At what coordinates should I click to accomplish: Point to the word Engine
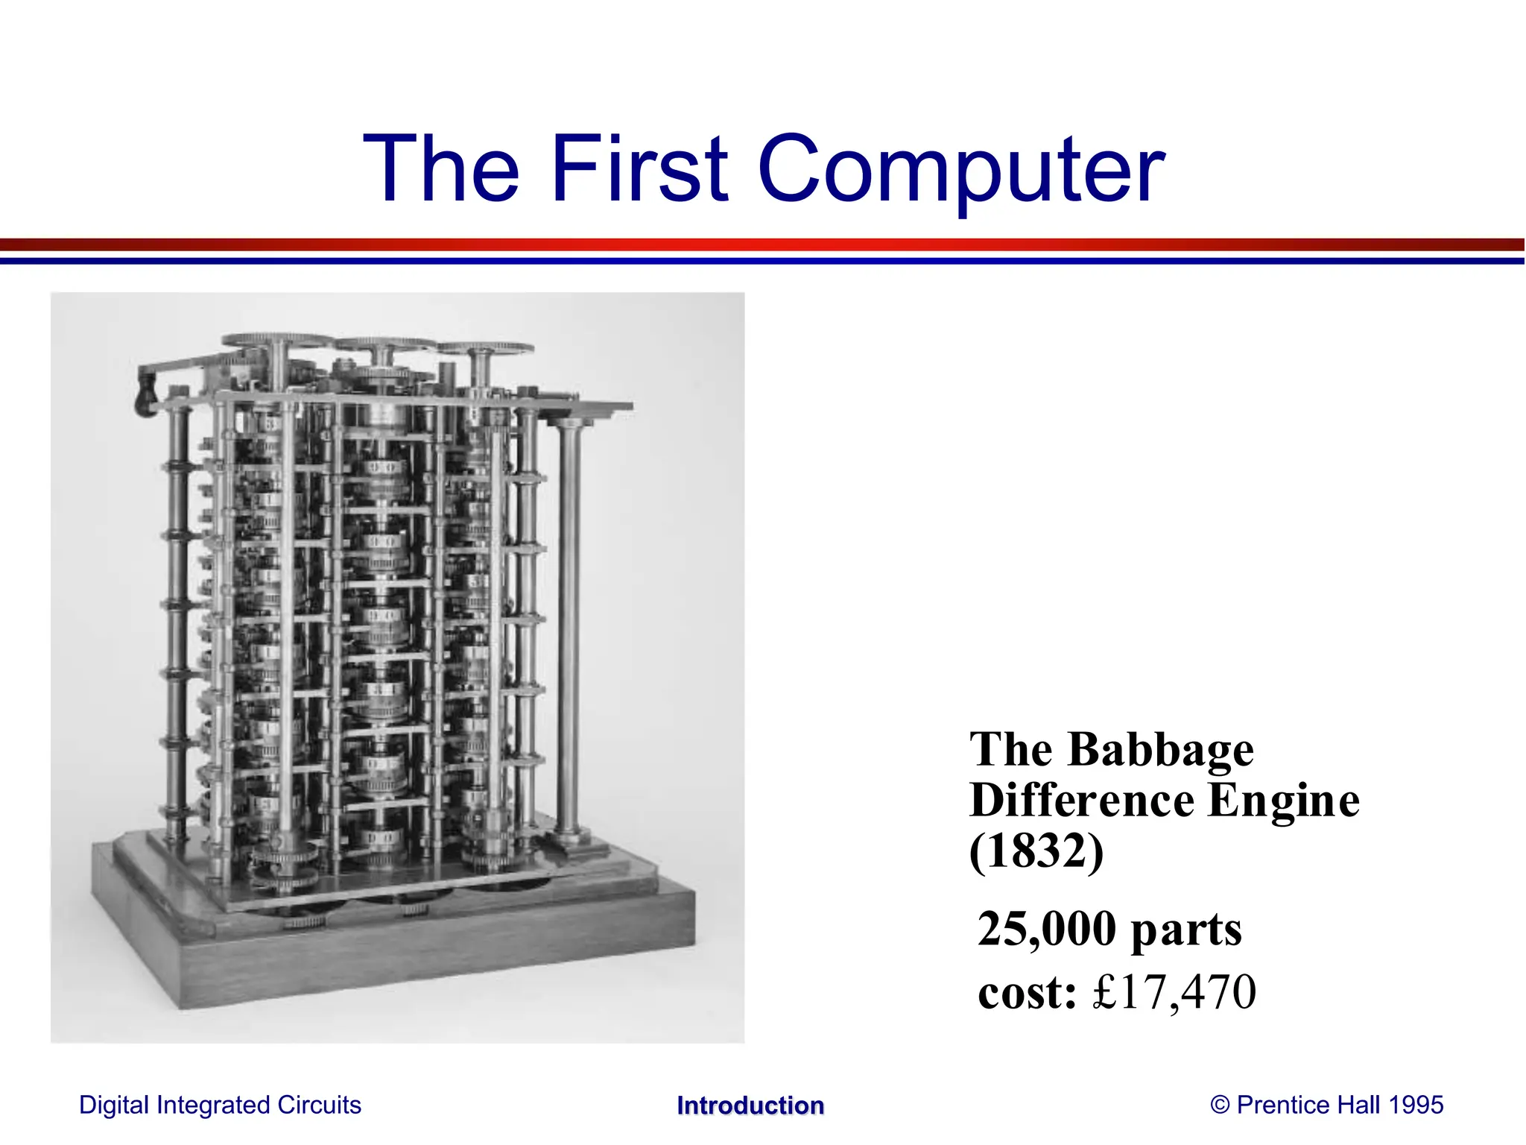tap(1284, 801)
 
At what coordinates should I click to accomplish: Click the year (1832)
tap(1036, 851)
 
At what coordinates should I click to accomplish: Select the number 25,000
tap(1047, 929)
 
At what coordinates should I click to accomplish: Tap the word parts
tap(1186, 930)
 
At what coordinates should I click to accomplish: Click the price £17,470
tap(1174, 992)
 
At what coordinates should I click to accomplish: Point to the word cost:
tap(1028, 993)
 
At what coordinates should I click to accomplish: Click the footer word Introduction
tap(750, 1105)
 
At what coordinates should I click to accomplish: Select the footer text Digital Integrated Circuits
tap(220, 1105)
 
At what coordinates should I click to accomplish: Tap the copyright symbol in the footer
tap(1220, 1105)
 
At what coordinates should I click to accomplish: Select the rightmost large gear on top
tap(485, 349)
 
